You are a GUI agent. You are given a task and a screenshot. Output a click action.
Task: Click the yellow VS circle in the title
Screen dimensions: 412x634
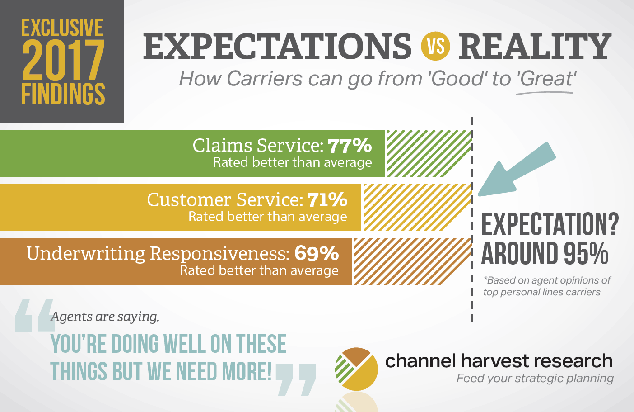pos(435,46)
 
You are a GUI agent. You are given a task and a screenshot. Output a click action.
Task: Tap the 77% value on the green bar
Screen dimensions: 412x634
pos(350,146)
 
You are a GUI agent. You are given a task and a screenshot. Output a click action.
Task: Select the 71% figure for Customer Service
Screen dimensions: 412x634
pos(327,199)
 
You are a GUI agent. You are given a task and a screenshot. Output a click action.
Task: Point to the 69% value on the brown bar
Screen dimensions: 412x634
pos(317,253)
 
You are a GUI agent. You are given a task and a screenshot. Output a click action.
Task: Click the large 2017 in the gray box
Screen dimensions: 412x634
pos(63,61)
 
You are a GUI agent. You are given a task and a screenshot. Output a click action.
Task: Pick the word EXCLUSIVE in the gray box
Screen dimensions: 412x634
pos(62,28)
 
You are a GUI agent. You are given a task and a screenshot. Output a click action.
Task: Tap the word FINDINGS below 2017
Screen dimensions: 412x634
pos(63,94)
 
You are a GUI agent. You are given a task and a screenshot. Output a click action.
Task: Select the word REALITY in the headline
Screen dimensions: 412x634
pos(535,46)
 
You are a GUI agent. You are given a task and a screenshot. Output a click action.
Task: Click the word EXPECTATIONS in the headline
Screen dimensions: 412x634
pos(277,46)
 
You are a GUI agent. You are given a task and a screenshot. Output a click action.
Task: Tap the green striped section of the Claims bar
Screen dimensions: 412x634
pos(428,153)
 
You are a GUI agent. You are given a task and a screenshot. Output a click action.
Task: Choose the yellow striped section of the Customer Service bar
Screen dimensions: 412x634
pos(416,208)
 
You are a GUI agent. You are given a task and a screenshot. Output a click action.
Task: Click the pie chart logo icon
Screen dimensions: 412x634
pos(356,369)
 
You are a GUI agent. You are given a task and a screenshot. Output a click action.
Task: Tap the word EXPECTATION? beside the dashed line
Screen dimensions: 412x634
pos(550,224)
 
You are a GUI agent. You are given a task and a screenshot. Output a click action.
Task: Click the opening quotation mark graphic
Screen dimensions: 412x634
pos(34,316)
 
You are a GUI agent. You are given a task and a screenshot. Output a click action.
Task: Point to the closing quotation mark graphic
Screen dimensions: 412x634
pos(295,379)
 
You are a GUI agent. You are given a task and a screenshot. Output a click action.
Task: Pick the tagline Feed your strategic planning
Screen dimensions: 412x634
pos(535,378)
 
